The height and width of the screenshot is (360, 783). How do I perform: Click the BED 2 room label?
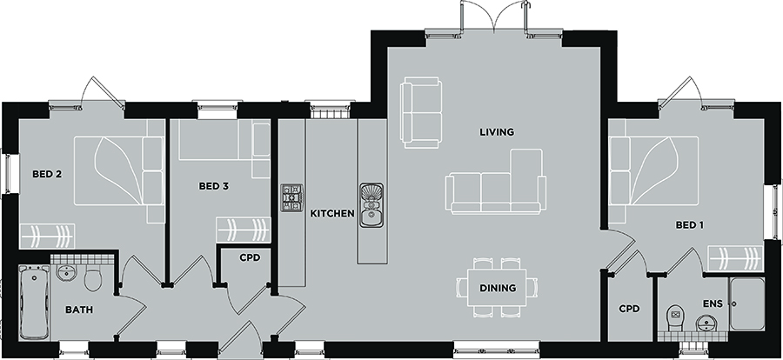(47, 174)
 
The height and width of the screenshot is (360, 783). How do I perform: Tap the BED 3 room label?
(214, 186)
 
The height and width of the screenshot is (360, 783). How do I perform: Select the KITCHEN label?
(332, 214)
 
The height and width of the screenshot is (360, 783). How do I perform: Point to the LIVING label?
(497, 132)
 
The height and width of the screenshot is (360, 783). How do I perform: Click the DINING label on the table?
(498, 288)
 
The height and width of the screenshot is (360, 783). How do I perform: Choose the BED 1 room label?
(690, 225)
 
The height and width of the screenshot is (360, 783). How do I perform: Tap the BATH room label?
(79, 310)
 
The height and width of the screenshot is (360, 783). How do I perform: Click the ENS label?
(713, 304)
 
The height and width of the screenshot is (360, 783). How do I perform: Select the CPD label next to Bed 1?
(629, 309)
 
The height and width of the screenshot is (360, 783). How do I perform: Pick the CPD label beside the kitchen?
(250, 258)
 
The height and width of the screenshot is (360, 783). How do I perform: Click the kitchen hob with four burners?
(292, 197)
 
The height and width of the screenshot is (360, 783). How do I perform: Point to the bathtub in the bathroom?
(35, 303)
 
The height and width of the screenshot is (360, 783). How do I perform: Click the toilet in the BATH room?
(93, 278)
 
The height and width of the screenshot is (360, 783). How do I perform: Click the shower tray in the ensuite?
(747, 303)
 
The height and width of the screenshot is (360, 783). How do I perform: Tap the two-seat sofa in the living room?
(421, 112)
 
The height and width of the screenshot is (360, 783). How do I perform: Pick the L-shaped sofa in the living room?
(496, 181)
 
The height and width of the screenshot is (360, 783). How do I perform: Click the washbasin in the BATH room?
(66, 273)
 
